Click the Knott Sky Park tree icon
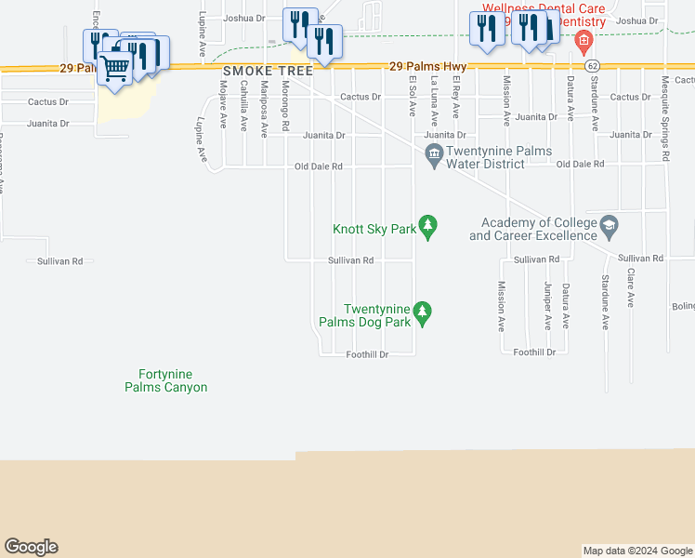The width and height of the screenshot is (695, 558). (427, 226)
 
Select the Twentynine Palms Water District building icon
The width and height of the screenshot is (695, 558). (433, 154)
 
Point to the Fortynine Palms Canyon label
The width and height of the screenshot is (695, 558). (166, 380)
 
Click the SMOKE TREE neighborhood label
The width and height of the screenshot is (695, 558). (257, 71)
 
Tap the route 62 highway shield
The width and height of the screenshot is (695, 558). (592, 66)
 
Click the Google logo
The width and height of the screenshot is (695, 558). (31, 547)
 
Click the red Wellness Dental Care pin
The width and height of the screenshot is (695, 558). (583, 40)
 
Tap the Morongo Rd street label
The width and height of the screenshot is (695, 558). (287, 110)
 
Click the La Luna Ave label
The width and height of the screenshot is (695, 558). (434, 101)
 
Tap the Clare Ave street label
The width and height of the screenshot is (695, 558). (631, 289)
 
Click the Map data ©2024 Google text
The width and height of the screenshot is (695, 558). (636, 551)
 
